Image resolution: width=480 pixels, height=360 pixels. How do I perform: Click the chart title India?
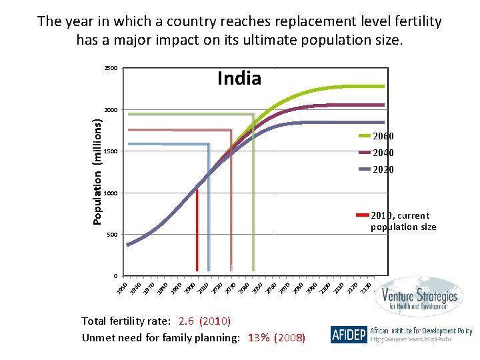coord(239,79)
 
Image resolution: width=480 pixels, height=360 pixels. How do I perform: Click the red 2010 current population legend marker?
coord(363,215)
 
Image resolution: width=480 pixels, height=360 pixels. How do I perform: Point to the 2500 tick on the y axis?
coord(111,69)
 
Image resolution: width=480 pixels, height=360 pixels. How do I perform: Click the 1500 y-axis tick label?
coord(111,152)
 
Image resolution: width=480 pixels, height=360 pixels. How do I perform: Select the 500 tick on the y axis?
coord(112,235)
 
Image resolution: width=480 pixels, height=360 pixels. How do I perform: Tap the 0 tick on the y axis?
coord(115,276)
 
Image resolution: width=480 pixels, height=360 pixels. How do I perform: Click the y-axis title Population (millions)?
coord(97,171)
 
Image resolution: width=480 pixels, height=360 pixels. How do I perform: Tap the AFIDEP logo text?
coord(348,335)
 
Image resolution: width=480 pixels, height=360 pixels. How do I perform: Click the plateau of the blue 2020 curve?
coord(347,122)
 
